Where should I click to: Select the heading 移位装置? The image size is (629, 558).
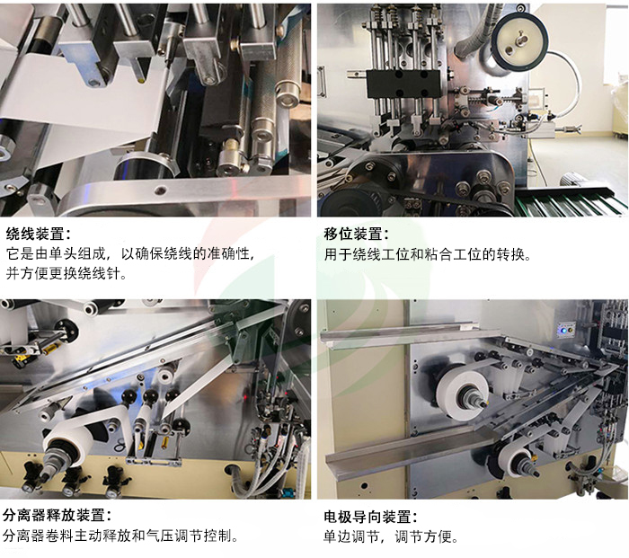click(x=357, y=233)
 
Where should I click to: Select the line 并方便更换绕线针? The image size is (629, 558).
click(x=66, y=274)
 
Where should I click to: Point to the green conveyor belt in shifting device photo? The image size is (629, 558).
click(x=575, y=203)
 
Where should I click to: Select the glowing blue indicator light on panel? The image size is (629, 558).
click(x=564, y=330)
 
